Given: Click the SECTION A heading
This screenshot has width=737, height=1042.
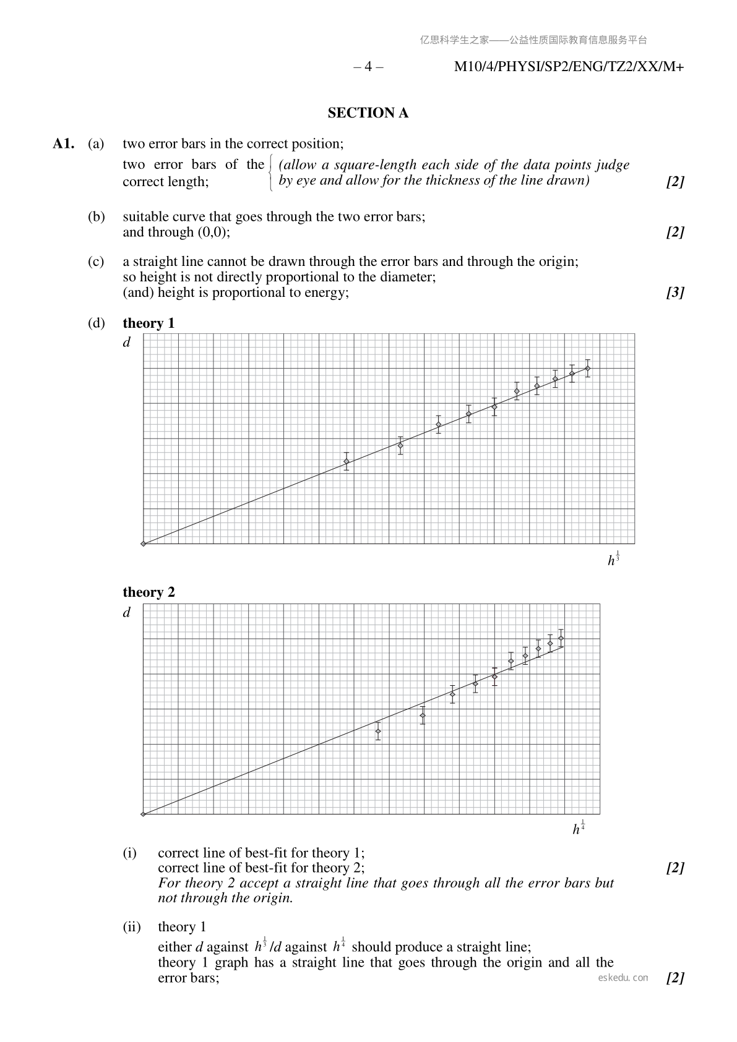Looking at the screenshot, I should [x=368, y=113].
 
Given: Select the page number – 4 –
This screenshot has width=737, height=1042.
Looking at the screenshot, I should [x=368, y=67].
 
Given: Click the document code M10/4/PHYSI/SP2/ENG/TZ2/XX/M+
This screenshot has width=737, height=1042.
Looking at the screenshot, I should [x=569, y=67].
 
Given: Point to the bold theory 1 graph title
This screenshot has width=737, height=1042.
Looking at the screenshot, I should [x=149, y=323].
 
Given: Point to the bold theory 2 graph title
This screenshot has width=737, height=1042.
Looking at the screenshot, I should [x=149, y=592].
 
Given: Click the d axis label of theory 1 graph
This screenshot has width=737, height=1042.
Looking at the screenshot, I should [x=127, y=342].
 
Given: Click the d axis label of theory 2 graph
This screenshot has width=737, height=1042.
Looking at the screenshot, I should [x=127, y=612].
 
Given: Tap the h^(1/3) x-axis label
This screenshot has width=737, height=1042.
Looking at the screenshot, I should [x=613, y=559].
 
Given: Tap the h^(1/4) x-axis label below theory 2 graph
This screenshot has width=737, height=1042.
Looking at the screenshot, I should [x=579, y=828].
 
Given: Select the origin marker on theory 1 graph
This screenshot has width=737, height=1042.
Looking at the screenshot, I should [x=143, y=544].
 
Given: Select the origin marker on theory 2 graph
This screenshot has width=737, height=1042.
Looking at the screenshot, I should [x=143, y=814].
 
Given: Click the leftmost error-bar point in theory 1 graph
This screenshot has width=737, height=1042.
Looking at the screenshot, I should [x=347, y=461].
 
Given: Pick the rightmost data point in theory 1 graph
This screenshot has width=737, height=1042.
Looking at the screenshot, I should [x=587, y=369].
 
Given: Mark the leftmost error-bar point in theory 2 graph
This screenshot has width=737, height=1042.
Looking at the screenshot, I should [x=378, y=731].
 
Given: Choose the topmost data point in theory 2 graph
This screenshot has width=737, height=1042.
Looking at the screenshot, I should [x=561, y=638].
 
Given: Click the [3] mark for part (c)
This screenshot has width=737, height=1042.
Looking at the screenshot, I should [x=675, y=293].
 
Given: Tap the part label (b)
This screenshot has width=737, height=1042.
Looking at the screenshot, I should [x=96, y=217].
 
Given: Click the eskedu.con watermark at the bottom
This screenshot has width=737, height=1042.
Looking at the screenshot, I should [x=623, y=978].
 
